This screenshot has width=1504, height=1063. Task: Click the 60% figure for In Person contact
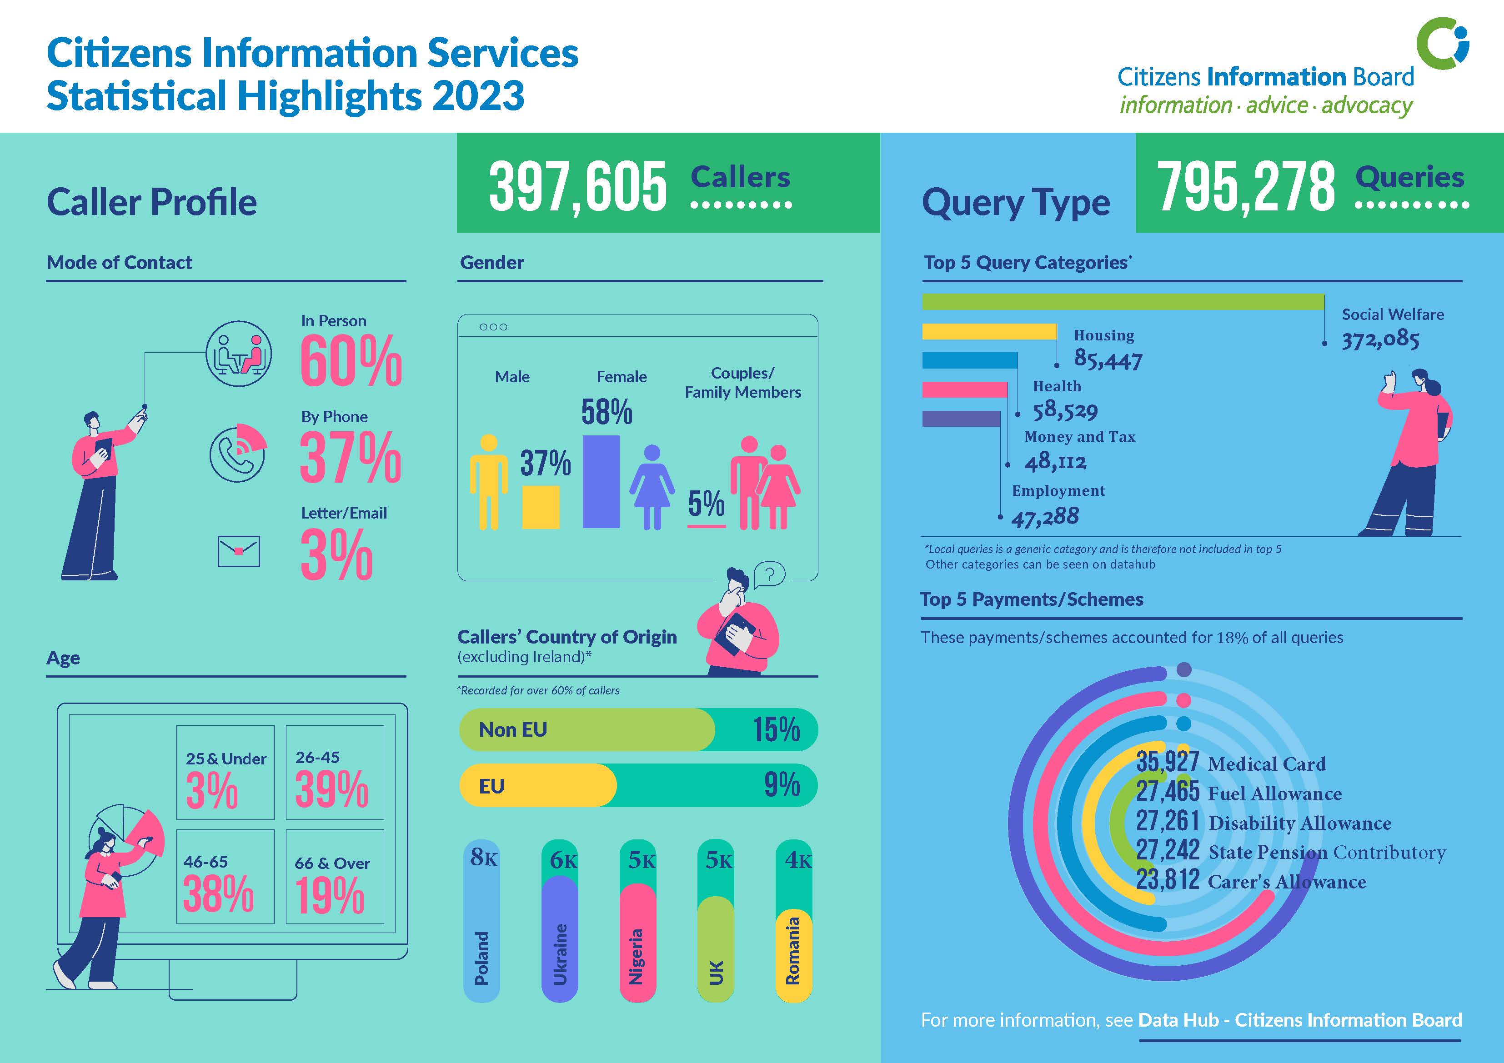click(x=351, y=360)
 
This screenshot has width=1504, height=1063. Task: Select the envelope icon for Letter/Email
click(x=238, y=551)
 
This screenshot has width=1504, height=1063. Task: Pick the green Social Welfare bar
click(x=1123, y=302)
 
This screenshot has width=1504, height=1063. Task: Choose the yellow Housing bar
click(x=989, y=331)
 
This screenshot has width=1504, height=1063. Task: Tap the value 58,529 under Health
click(x=1065, y=411)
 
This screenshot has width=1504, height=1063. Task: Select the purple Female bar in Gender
click(x=601, y=481)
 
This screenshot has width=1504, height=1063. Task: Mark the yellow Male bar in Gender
click(x=541, y=507)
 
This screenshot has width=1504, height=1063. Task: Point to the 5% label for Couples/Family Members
click(x=706, y=504)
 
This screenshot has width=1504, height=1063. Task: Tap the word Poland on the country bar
click(x=481, y=958)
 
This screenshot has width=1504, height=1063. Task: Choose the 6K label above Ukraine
click(x=563, y=860)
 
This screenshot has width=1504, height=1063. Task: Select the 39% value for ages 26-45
click(x=331, y=789)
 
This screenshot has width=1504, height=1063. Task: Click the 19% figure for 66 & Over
click(x=330, y=895)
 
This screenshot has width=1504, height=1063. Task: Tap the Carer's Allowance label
click(x=1287, y=882)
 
